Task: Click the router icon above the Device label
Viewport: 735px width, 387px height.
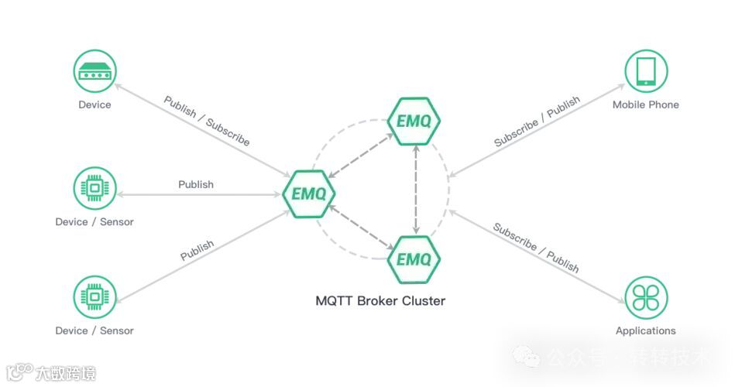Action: (94, 72)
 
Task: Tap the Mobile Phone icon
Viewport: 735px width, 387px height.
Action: (646, 72)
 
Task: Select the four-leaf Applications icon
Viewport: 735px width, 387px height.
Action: (646, 298)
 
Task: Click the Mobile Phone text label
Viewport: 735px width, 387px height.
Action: (646, 104)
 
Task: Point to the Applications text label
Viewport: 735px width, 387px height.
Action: (646, 330)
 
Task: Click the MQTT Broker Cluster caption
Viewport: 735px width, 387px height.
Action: (380, 300)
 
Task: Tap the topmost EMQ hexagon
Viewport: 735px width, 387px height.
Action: (414, 122)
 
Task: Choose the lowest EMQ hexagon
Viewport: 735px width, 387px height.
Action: (414, 259)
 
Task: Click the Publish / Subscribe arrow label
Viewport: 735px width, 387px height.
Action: (207, 121)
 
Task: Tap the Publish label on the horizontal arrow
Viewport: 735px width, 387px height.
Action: (196, 184)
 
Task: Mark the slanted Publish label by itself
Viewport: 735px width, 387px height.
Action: (197, 251)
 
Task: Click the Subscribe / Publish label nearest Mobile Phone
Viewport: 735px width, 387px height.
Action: (537, 121)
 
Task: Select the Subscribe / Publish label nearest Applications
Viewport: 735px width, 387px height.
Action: (536, 248)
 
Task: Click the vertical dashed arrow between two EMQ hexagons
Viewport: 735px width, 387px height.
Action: (417, 190)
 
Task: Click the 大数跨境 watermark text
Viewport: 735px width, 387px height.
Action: (65, 374)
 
